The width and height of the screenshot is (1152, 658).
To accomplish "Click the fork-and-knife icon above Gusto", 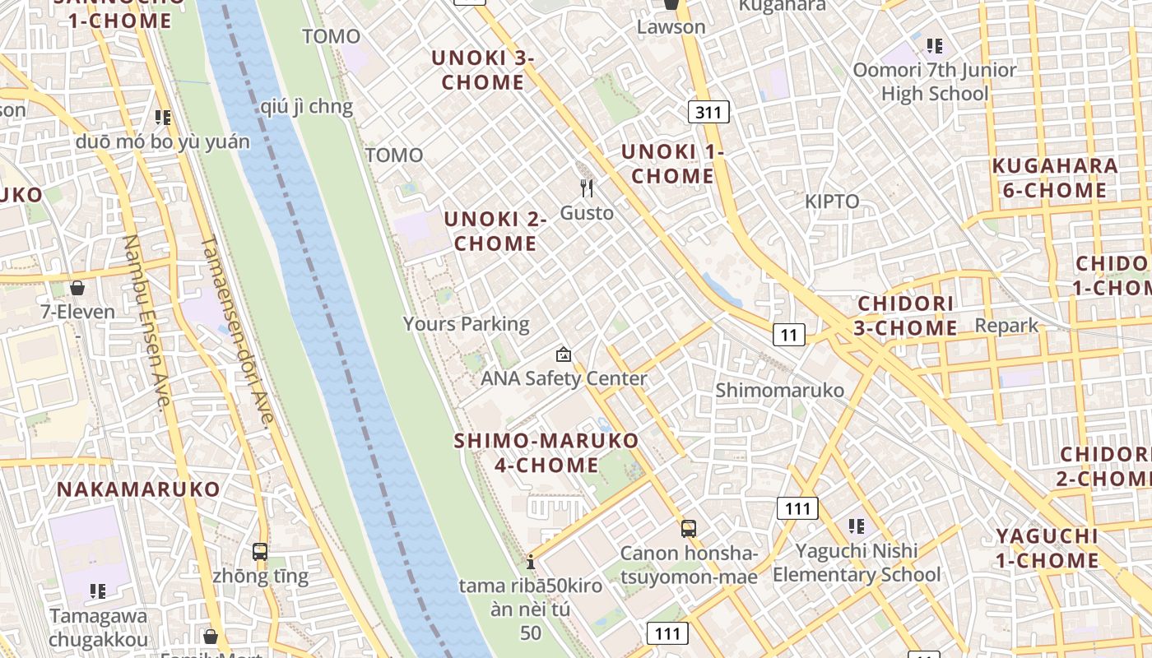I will coord(587,188).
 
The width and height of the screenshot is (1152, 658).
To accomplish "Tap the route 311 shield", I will coord(708,112).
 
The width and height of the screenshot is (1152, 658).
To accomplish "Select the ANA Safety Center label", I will coord(564,378).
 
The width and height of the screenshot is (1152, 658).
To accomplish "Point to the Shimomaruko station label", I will coord(779,390).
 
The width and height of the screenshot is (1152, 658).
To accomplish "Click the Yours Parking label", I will coord(466,323).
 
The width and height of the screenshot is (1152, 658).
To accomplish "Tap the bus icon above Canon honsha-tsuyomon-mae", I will coord(689,529).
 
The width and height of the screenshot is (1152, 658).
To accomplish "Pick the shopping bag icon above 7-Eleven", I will coord(77,288).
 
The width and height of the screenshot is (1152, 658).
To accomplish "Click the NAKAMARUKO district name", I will coord(138,489).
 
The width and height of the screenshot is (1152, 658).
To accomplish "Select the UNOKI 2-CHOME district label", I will coord(495,231).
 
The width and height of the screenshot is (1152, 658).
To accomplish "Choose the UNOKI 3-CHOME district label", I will coord(483,70).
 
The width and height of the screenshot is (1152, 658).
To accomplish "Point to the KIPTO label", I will coord(831,202).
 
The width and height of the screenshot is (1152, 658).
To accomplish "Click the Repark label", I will coord(1006,325).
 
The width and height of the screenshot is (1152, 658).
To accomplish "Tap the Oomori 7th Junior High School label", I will coord(934,81).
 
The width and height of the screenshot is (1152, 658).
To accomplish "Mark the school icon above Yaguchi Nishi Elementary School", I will coord(856,526).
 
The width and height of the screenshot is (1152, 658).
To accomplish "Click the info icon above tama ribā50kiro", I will coord(531,563).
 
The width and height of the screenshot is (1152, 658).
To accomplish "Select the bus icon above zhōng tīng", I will coord(260,551).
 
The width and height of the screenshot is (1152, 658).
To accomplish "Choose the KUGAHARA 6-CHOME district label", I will coord(1055,178).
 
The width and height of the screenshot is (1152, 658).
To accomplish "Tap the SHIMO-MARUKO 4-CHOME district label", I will coord(546,452).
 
